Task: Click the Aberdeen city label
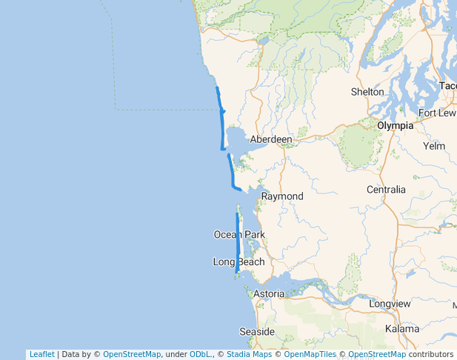(271, 139)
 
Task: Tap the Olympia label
(395, 126)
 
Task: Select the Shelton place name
(367, 92)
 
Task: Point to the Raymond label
(282, 196)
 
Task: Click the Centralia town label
(386, 190)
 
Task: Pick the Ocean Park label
(239, 235)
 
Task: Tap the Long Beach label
(238, 262)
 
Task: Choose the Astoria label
(269, 294)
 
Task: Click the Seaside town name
(257, 332)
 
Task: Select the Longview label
(390, 304)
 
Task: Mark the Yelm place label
(433, 146)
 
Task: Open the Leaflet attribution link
(41, 355)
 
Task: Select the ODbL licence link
(200, 355)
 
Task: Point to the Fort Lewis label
(437, 113)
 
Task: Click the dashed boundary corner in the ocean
(116, 109)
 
